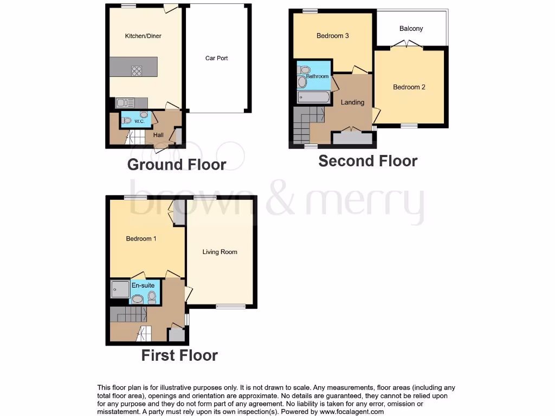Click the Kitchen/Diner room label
[x=143, y=36]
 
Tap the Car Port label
[x=216, y=58]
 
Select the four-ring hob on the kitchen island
[x=137, y=70]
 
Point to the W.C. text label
[x=139, y=121]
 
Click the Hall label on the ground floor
[x=158, y=135]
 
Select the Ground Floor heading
[x=177, y=165]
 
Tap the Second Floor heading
[x=367, y=161]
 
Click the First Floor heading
[x=179, y=355]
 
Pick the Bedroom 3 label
[x=332, y=36]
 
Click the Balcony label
[x=411, y=29]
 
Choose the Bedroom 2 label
[x=409, y=87]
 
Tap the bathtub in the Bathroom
[x=313, y=97]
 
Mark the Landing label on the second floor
[x=352, y=102]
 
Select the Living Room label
[x=220, y=252]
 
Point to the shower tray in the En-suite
[x=119, y=290]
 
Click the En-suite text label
[x=143, y=285]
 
